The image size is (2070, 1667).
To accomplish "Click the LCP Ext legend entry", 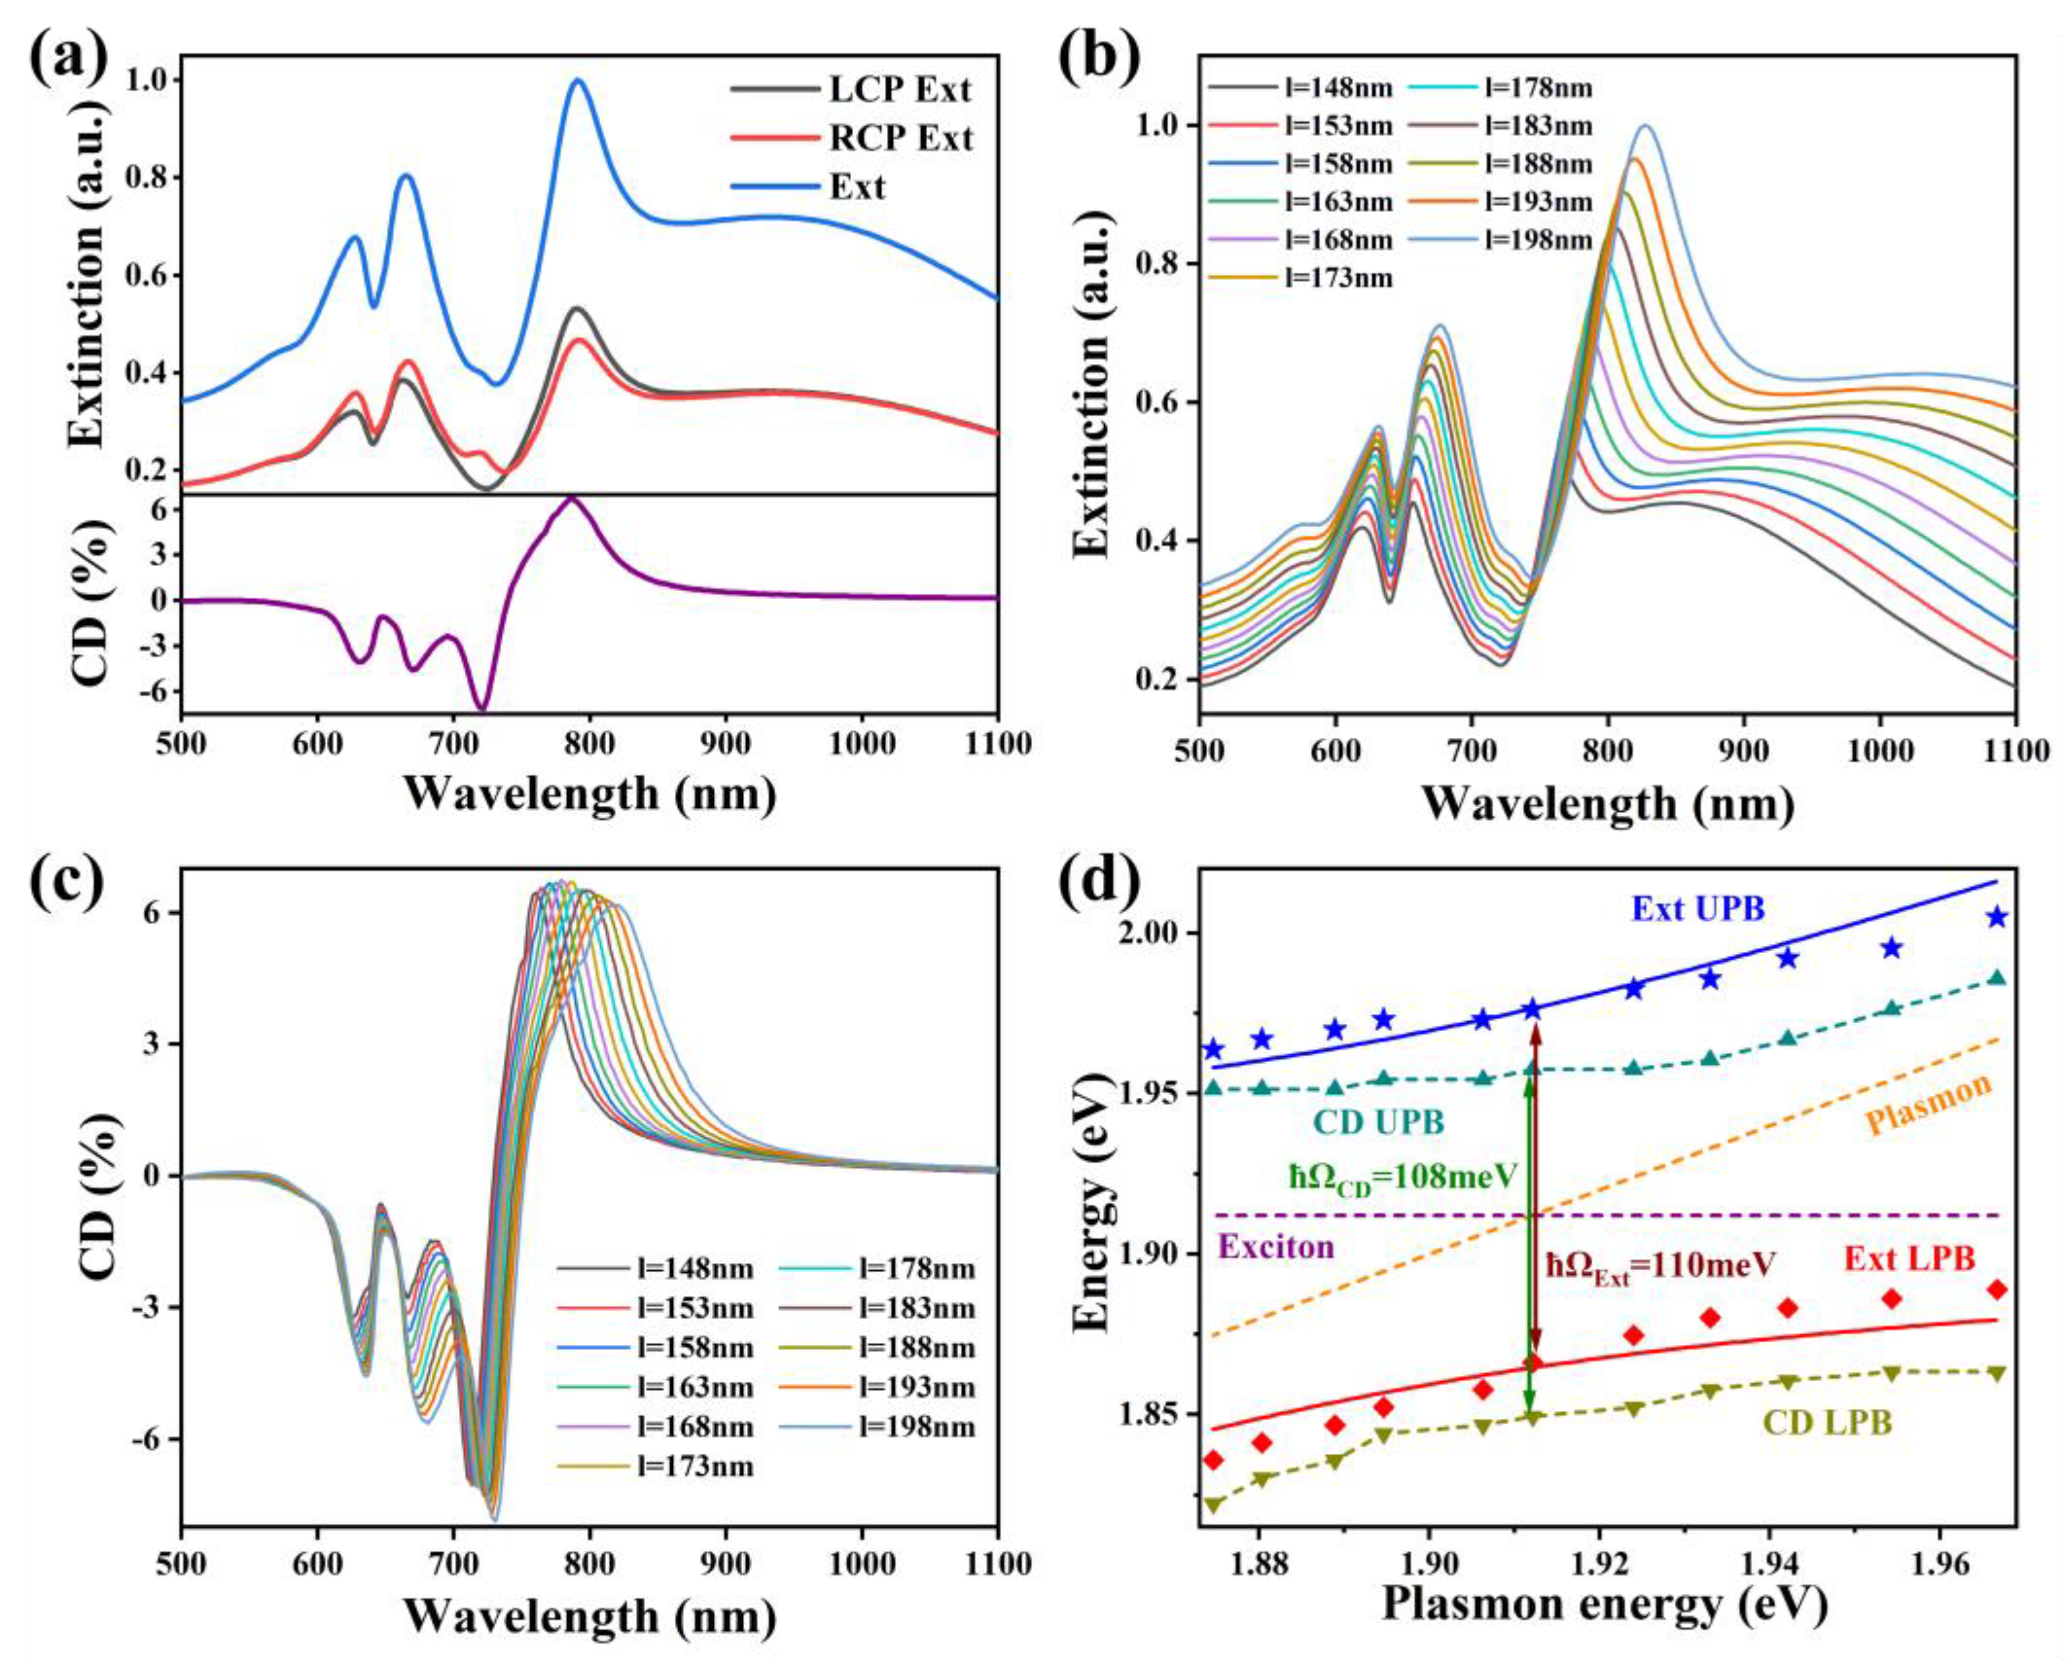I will [900, 89].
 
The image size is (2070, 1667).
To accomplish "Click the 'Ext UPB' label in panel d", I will [1697, 908].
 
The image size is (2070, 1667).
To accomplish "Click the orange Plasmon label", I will [1928, 1104].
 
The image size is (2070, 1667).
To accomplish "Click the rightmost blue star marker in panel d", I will [1997, 917].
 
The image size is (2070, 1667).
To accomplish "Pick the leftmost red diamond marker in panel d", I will [1214, 1461].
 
